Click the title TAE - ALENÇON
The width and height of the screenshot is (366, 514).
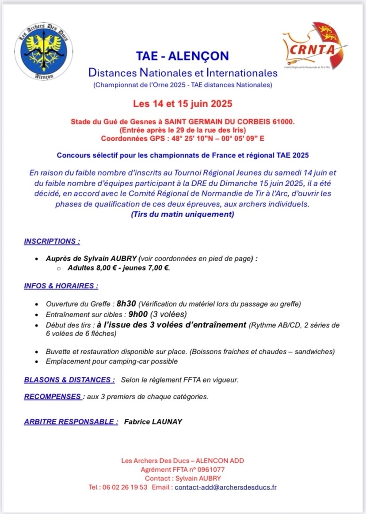pos(183,56)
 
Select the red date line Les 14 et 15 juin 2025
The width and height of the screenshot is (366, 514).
pos(183,105)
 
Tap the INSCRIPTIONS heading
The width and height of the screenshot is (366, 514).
pos(52,241)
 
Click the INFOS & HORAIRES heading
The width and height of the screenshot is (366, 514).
pos(61,285)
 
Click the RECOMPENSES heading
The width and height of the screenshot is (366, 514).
pos(53,396)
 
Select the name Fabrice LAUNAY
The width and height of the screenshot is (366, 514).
pos(153,421)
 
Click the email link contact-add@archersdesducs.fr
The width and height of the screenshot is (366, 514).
pos(226,487)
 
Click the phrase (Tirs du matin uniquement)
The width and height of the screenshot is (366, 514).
pos(183,214)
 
